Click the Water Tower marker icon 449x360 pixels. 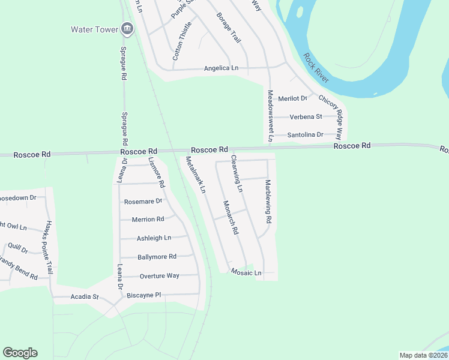tap(127, 28)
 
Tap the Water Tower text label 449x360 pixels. tap(94, 29)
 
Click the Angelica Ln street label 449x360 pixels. tap(221, 68)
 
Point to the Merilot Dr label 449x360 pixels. tap(293, 98)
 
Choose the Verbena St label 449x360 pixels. tap(306, 116)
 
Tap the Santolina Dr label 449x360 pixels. tap(306, 135)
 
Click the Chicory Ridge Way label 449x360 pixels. tap(331, 114)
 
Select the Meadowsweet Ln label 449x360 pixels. tap(270, 116)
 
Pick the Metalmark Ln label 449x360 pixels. tap(196, 175)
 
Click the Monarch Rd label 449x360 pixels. tap(231, 217)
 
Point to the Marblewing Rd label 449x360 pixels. tap(268, 202)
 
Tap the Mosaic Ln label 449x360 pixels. tap(246, 273)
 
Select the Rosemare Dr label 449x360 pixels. tap(143, 202)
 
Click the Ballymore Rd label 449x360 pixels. tap(157, 257)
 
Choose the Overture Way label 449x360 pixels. tap(159, 276)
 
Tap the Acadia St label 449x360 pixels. tap(84, 297)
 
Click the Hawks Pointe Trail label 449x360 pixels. tap(47, 247)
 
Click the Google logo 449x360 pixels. tap(20, 353)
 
